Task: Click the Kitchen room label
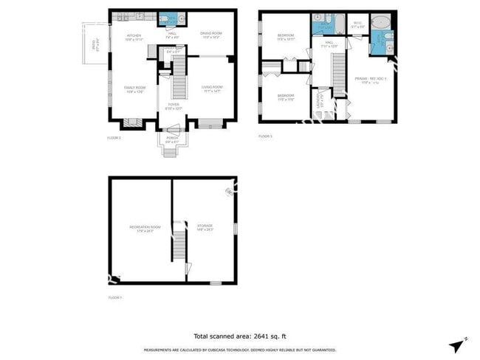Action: coord(134,36)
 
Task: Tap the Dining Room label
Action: coord(211,34)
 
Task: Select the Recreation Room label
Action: coord(141,226)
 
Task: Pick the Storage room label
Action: coord(205,226)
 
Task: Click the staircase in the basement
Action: coord(178,240)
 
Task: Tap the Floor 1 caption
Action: coord(114,297)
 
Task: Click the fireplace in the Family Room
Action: coord(130,123)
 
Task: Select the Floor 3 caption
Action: coord(265,136)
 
